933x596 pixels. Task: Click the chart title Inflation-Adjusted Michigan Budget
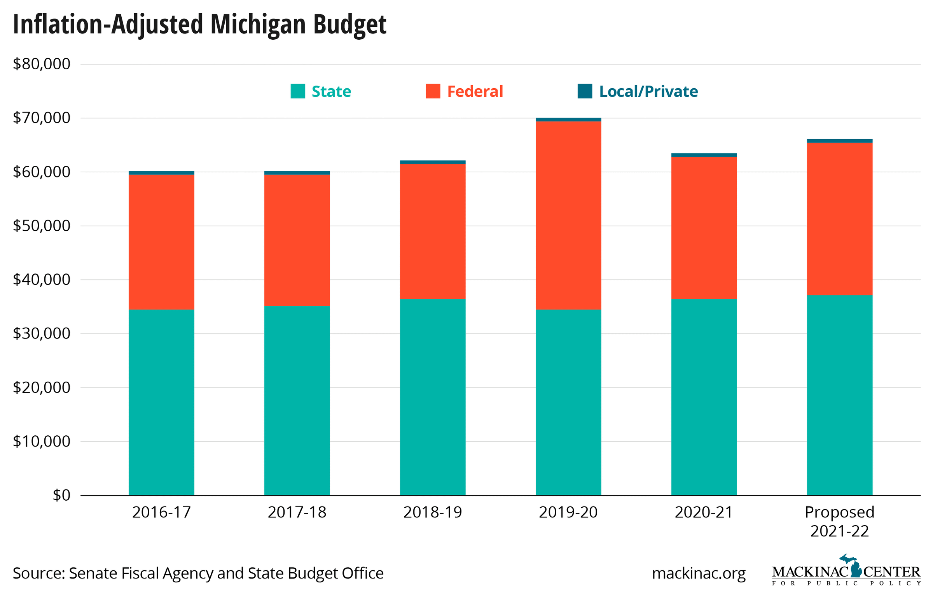click(x=199, y=24)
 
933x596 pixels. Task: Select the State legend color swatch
click(x=298, y=91)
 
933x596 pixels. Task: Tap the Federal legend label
click(x=475, y=91)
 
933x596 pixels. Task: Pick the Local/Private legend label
click(x=648, y=91)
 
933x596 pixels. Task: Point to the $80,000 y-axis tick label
click(x=42, y=64)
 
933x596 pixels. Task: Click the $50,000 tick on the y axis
click(x=42, y=226)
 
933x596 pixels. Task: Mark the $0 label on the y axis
click(x=61, y=495)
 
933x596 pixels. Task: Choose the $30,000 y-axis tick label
click(x=42, y=333)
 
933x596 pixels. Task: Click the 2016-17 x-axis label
click(x=161, y=512)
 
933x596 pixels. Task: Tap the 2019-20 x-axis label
click(x=568, y=512)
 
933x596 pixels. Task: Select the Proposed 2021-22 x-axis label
click(x=839, y=521)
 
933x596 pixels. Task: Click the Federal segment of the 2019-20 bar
click(x=568, y=215)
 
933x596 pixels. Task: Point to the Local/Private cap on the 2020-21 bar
click(x=704, y=155)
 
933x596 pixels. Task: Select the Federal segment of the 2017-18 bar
click(x=297, y=240)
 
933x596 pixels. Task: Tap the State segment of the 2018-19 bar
click(x=432, y=397)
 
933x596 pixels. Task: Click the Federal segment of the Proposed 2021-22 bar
click(x=839, y=219)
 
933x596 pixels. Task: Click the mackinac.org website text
click(x=699, y=573)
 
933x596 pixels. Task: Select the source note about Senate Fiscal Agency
click(x=198, y=573)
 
